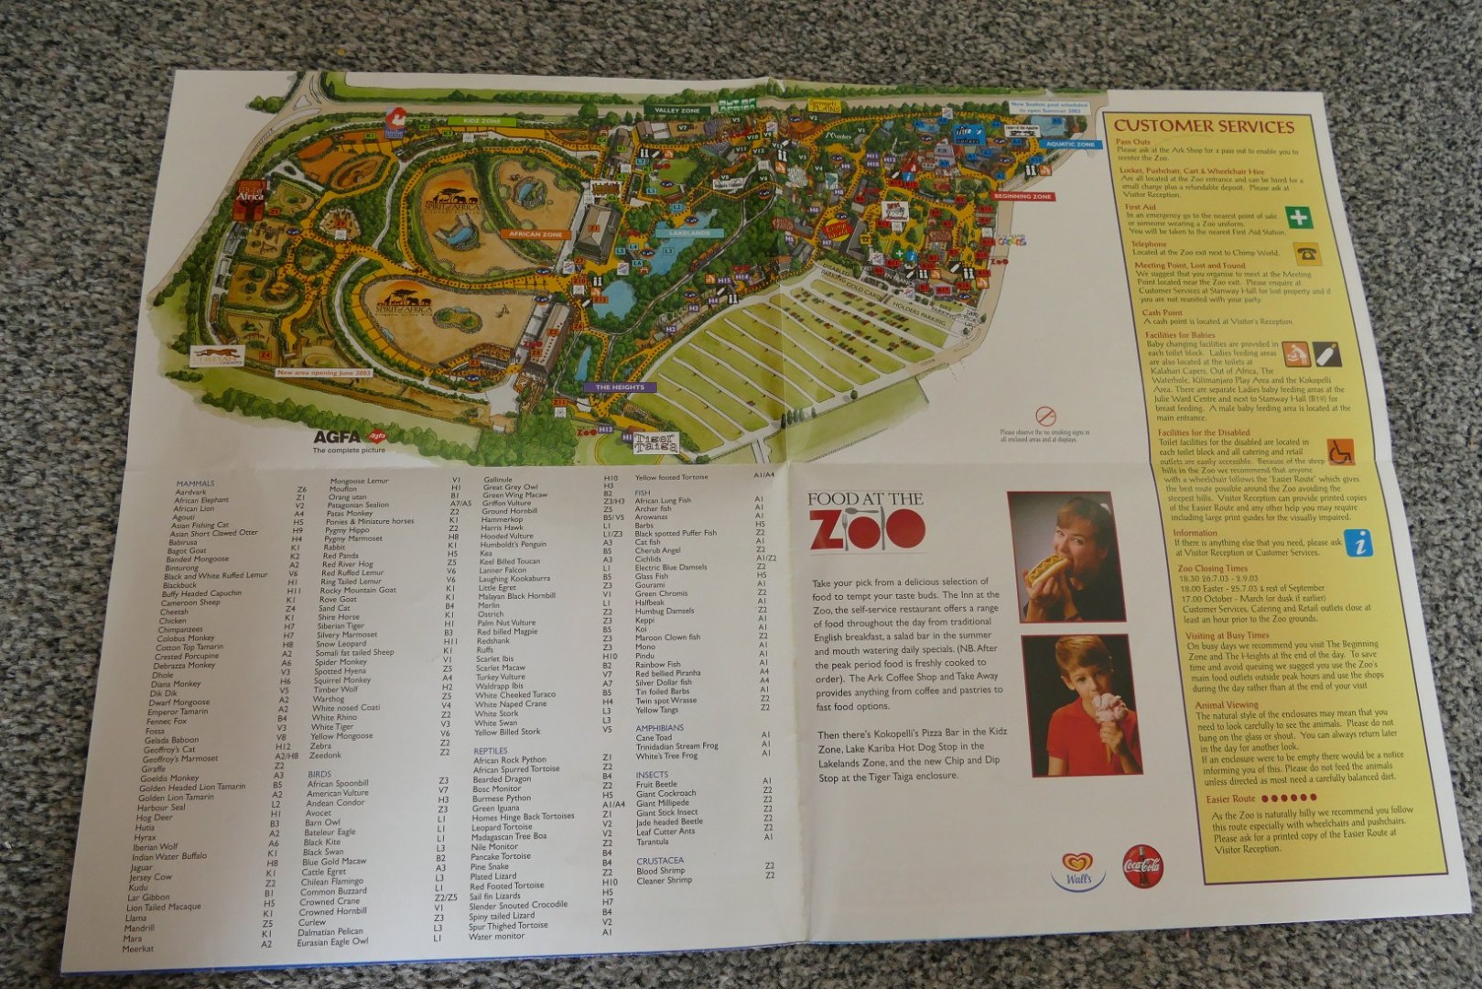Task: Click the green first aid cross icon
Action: click(1298, 217)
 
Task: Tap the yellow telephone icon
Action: click(1305, 254)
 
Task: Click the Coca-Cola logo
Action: click(1142, 865)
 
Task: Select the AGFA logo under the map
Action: click(339, 437)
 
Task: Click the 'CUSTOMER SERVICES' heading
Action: click(1204, 126)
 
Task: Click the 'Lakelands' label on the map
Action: click(688, 233)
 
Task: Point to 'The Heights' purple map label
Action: click(620, 387)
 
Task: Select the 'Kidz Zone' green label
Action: click(482, 120)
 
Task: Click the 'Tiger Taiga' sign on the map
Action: click(656, 443)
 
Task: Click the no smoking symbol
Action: click(1044, 418)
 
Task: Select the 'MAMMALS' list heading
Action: click(195, 484)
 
